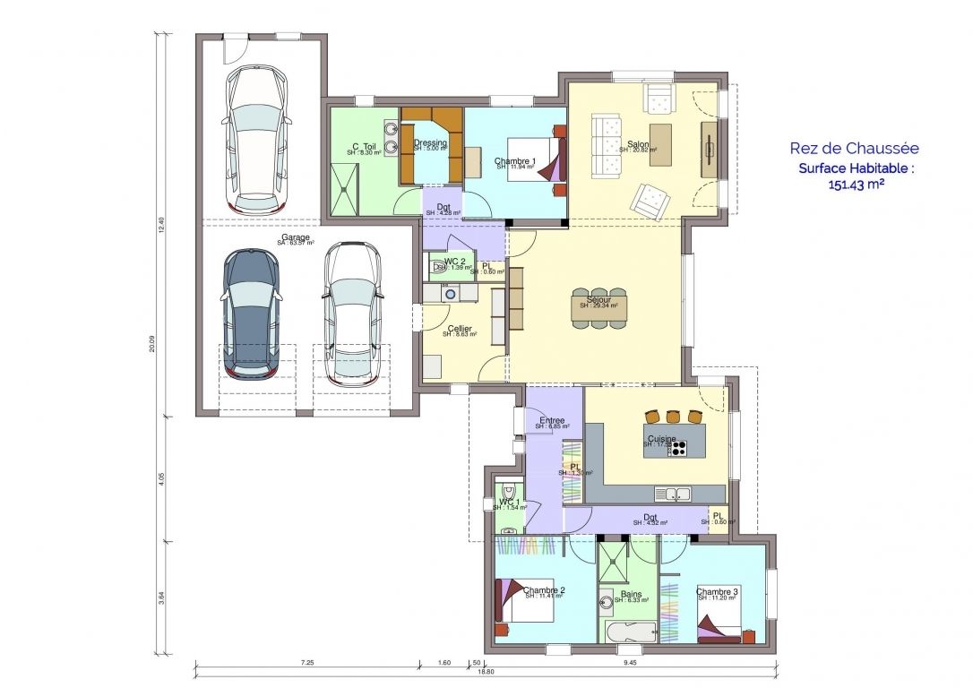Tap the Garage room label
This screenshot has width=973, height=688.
tap(295, 238)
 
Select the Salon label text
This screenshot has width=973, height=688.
tap(638, 144)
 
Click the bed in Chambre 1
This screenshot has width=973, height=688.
tap(532, 159)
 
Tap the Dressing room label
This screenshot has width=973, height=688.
tap(430, 143)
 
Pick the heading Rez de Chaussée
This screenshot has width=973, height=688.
tap(854, 149)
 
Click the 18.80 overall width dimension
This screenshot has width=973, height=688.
tap(485, 671)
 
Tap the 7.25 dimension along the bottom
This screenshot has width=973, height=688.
tap(306, 663)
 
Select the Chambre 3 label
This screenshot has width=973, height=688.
tap(717, 591)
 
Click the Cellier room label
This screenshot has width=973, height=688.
tap(459, 329)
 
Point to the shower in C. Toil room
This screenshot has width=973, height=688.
tap(344, 192)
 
